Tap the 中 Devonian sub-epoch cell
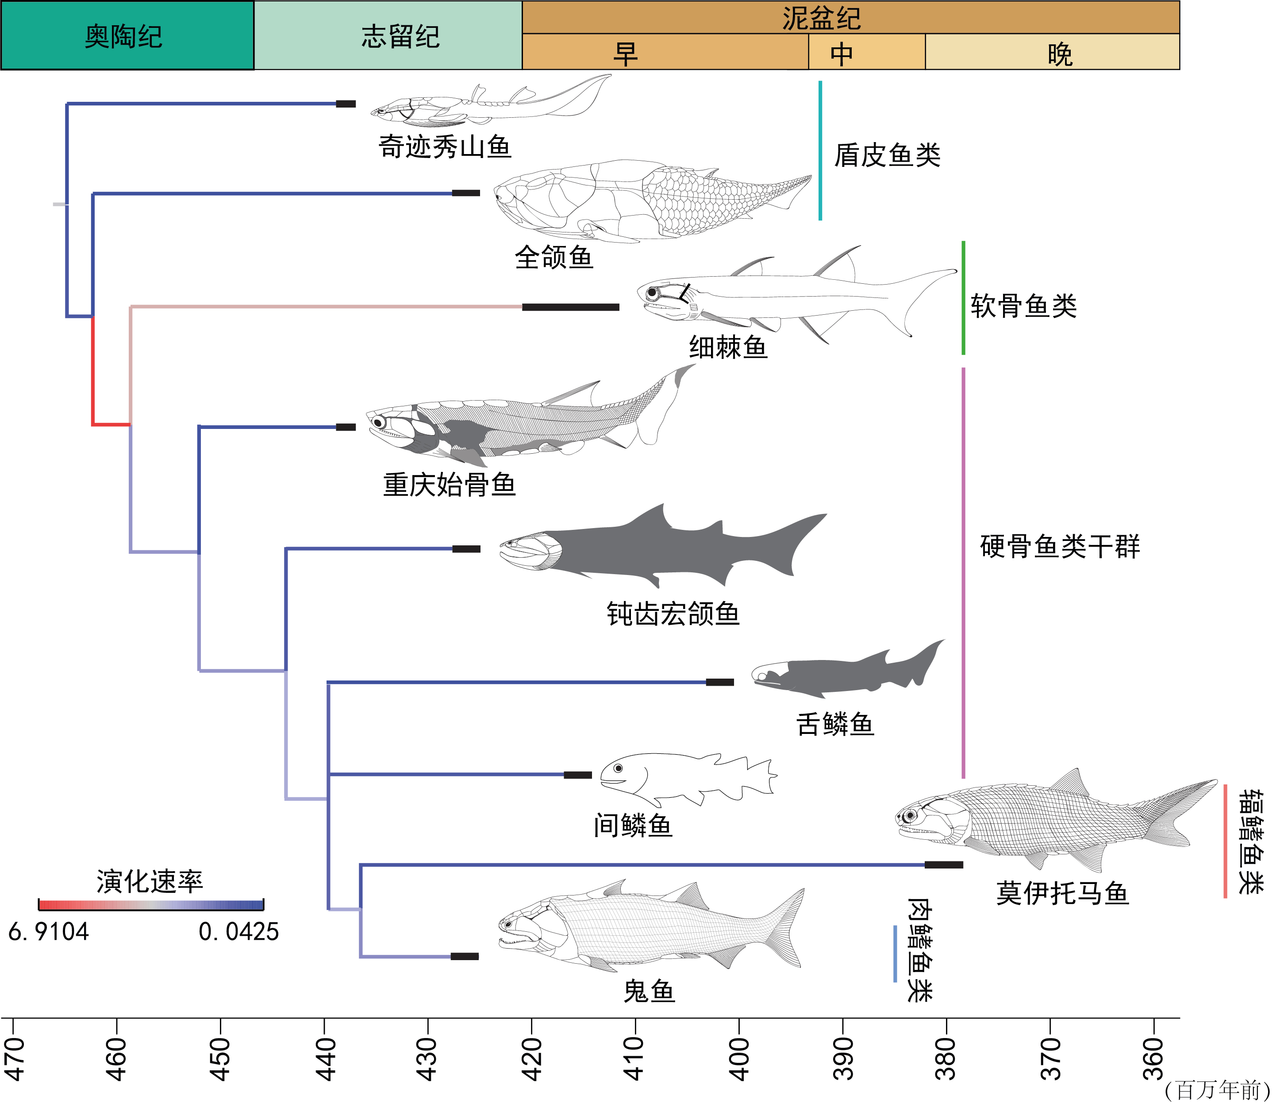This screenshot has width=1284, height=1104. point(866,53)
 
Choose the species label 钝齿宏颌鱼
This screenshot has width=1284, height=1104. point(673,614)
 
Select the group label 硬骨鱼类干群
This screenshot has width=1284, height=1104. point(1059,546)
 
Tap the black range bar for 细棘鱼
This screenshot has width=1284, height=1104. point(570,307)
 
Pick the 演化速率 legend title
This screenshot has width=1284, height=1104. point(150,881)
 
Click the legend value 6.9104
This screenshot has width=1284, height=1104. point(48,932)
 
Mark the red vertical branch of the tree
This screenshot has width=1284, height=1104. point(93,370)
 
